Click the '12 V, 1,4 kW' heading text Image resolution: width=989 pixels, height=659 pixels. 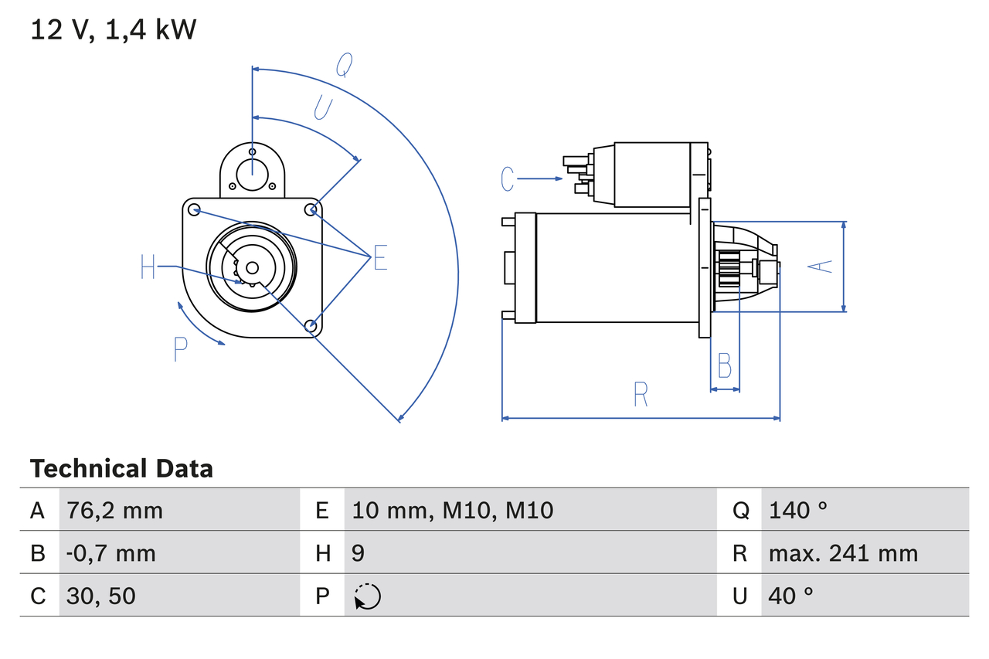click(114, 30)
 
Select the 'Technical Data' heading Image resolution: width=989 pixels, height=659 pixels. click(121, 468)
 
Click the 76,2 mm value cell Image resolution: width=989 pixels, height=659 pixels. click(114, 510)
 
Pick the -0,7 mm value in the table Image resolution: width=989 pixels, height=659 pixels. click(110, 553)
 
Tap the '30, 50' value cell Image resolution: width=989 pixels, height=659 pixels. click(101, 596)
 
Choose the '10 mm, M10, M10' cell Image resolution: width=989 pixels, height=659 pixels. click(452, 510)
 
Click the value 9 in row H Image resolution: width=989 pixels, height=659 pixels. click(358, 553)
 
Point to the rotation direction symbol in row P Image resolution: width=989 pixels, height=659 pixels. click(368, 596)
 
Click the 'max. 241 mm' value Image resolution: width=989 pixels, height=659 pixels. click(843, 553)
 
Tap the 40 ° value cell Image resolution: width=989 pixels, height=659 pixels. click(790, 596)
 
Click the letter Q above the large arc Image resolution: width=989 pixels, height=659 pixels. click(344, 66)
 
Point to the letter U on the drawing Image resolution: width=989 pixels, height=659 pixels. click(323, 108)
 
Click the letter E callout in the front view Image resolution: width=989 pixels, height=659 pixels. click(379, 258)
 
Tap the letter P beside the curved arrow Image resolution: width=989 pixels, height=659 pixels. click(180, 350)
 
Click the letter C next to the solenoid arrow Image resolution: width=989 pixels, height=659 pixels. click(507, 179)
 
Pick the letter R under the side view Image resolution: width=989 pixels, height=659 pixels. click(641, 394)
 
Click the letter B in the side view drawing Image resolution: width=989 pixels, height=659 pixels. click(724, 365)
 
